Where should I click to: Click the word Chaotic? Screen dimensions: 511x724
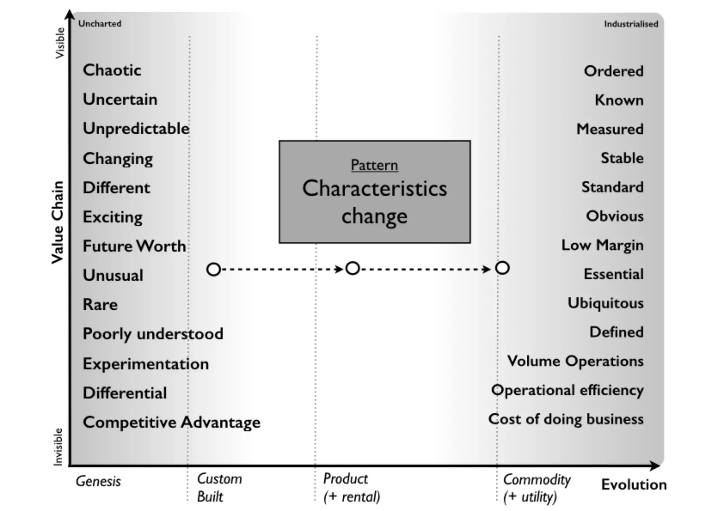(x=112, y=70)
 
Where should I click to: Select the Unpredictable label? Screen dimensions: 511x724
(x=136, y=129)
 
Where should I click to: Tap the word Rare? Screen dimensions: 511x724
(x=100, y=304)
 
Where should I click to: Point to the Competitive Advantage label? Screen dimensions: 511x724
(x=171, y=422)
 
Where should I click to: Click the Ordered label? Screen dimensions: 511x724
(x=613, y=71)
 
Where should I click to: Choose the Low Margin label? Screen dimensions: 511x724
(x=602, y=245)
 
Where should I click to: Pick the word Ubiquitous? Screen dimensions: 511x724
(x=606, y=303)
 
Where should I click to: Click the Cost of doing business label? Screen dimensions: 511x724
(x=566, y=419)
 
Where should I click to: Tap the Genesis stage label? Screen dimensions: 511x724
(x=98, y=481)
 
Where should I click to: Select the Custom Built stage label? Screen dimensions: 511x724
(x=219, y=488)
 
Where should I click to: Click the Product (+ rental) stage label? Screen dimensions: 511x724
(x=351, y=488)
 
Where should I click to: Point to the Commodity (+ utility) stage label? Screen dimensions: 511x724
(x=537, y=488)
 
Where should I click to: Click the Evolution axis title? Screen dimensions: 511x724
(x=634, y=485)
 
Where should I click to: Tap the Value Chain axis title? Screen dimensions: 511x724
(x=57, y=222)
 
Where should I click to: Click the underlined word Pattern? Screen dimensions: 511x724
(x=374, y=165)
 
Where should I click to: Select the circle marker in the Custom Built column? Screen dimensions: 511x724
(x=214, y=269)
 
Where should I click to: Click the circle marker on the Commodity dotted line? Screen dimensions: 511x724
(x=502, y=268)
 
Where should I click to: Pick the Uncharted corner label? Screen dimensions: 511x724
(x=100, y=24)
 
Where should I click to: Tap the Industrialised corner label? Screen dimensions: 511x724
(x=631, y=24)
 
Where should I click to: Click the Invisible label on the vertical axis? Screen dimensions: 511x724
(x=58, y=447)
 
